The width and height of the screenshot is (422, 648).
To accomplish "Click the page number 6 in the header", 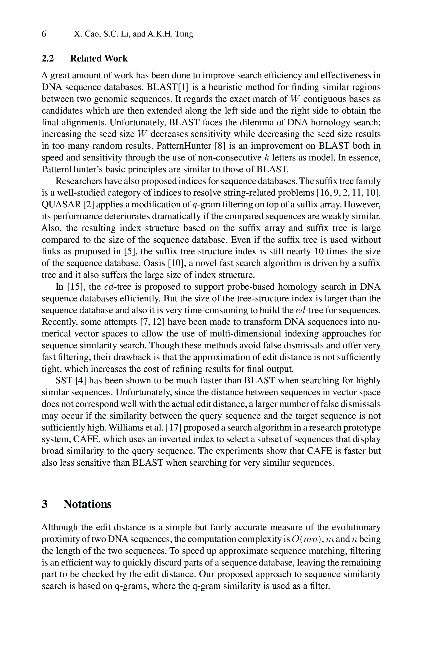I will point(44,34).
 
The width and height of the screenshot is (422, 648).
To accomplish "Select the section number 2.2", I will point(48,58).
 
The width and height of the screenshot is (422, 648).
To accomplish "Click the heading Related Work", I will point(99,58).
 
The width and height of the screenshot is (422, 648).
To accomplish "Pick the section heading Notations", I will point(88,504).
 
